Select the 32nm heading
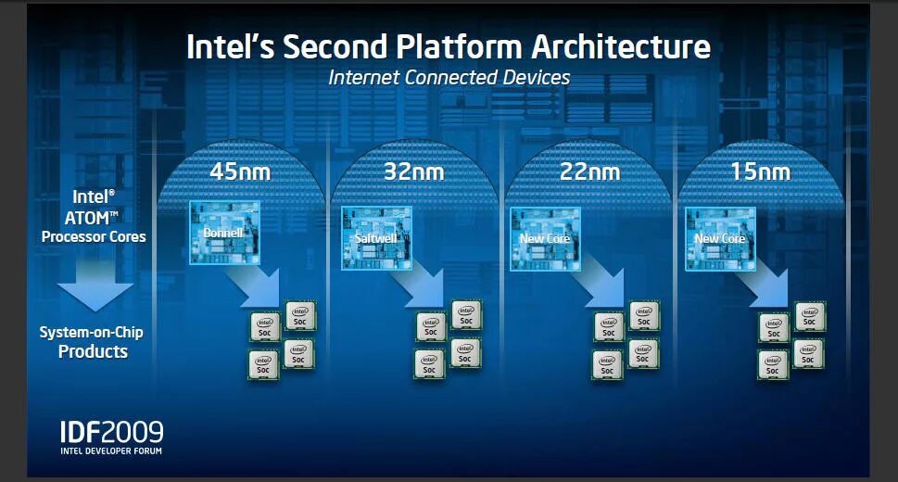click(413, 171)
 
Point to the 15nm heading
click(760, 171)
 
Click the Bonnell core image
click(222, 232)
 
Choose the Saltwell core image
click(375, 236)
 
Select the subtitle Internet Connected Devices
click(449, 78)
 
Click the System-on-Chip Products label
click(92, 342)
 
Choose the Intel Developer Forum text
click(111, 451)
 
